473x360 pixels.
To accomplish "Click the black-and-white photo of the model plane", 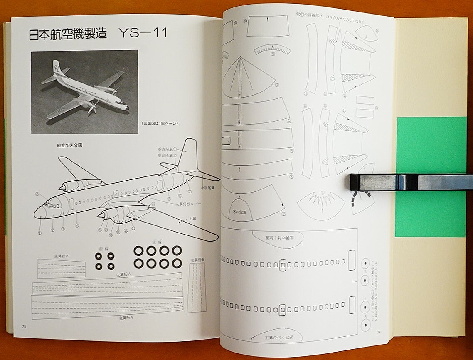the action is point(84,92).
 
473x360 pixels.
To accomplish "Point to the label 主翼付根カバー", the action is point(188,204).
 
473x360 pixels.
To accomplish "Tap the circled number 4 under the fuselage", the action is point(77,226).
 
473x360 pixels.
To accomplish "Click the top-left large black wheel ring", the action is point(138,250).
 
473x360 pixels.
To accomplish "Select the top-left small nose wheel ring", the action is point(99,256).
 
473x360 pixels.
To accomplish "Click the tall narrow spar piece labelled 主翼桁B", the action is point(197,287).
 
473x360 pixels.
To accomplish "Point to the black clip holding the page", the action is point(409,182).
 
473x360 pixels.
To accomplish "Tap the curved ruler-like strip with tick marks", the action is point(273,49).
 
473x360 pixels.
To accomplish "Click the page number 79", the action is point(379,331).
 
